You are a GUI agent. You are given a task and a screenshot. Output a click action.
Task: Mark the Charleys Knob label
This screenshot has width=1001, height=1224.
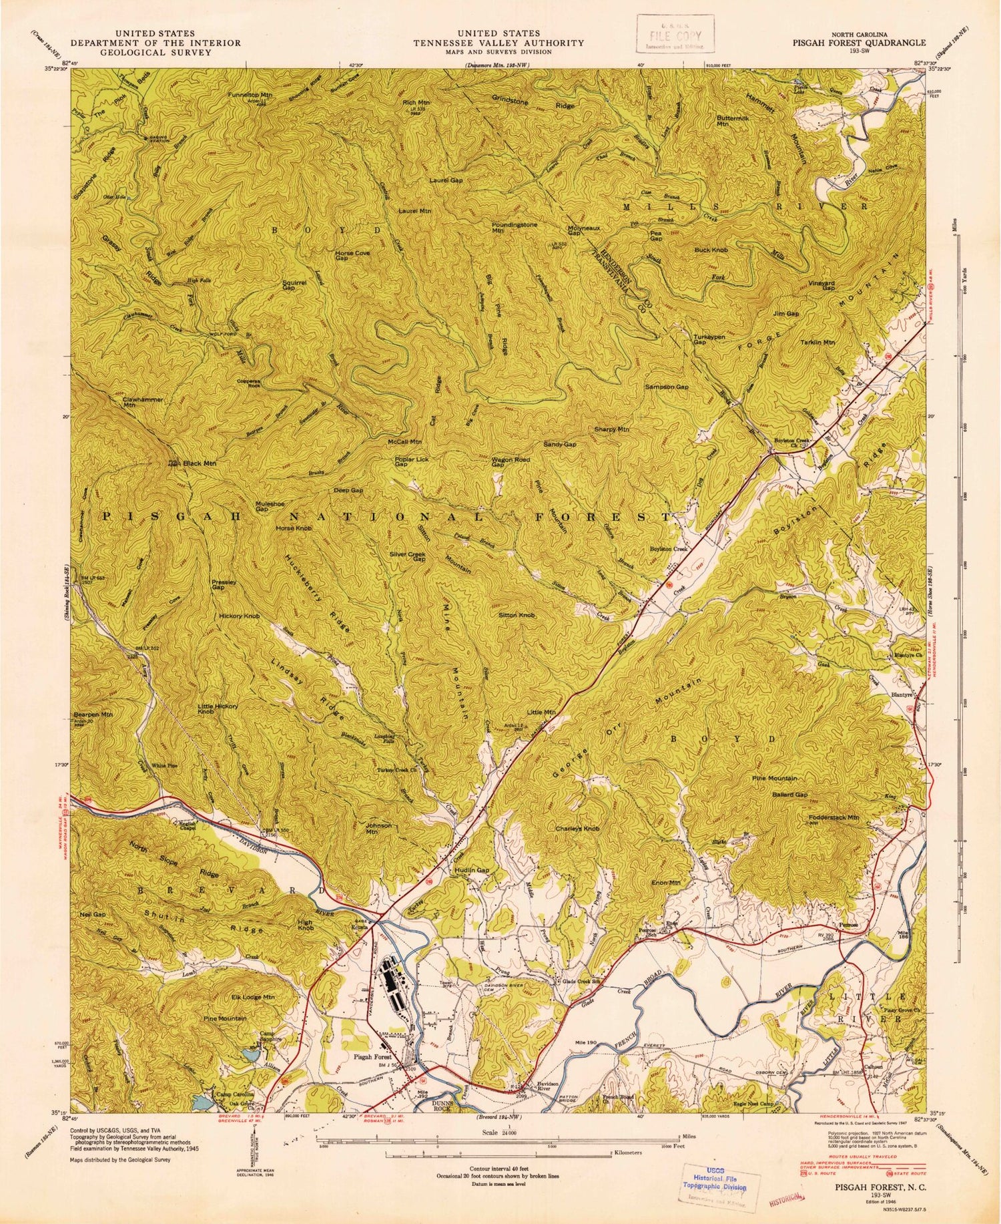[x=577, y=829]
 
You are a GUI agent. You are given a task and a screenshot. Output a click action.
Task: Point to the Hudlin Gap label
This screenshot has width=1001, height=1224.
[x=472, y=871]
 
